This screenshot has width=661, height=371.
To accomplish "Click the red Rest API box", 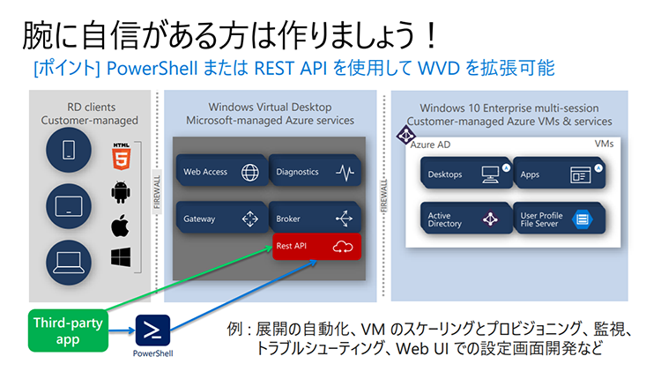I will click(x=314, y=246).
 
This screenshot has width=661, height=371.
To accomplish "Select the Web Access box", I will click(x=219, y=173).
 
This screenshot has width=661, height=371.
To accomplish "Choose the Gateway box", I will click(x=219, y=218).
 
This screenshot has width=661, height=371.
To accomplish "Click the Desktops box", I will click(x=464, y=174).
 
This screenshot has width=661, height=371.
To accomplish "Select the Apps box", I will click(x=557, y=174).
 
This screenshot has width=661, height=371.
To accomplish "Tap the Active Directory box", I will click(x=464, y=219).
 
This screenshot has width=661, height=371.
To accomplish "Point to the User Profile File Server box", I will click(x=557, y=219).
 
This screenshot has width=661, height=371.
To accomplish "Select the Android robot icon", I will click(x=121, y=191).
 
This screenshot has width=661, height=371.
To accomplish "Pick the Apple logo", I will click(x=121, y=225).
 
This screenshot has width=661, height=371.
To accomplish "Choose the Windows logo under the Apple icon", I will click(x=121, y=257).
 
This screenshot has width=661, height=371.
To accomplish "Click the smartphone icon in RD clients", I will click(x=68, y=150).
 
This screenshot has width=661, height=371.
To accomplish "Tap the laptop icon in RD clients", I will click(x=68, y=261).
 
